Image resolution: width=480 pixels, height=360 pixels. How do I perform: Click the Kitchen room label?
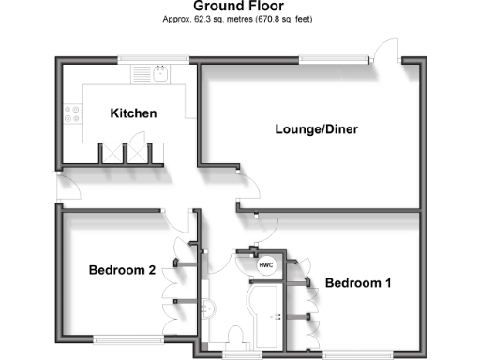click(133, 113)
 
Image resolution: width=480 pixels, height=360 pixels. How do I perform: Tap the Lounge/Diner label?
click(316, 128)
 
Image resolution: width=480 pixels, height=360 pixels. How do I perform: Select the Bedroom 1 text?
click(358, 282)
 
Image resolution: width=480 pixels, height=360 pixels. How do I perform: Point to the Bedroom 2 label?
click(122, 270)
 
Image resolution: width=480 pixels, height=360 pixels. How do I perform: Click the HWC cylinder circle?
click(264, 265)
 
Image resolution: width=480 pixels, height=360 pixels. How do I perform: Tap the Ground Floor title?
click(239, 7)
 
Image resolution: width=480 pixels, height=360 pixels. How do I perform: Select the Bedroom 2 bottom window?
click(123, 338)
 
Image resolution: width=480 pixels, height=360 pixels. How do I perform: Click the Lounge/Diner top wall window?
click(327, 62)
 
